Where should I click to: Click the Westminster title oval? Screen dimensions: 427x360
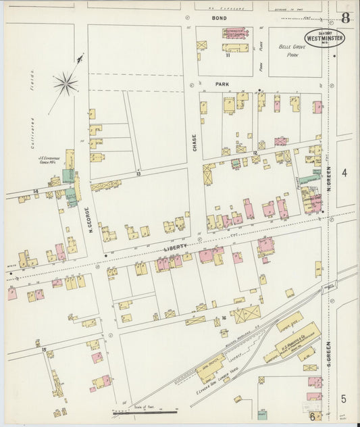pyautogui.click(x=324, y=38)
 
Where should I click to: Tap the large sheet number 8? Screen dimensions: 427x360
pyautogui.click(x=345, y=18)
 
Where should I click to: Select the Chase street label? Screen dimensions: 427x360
pyautogui.click(x=195, y=142)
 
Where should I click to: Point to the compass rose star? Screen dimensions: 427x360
pyautogui.click(x=66, y=84)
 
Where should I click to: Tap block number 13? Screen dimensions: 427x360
pyautogui.click(x=138, y=174)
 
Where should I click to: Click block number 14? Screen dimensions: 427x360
pyautogui.click(x=35, y=192)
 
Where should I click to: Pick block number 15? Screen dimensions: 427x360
pyautogui.click(x=44, y=349)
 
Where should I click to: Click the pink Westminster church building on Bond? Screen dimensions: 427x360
pyautogui.click(x=234, y=32)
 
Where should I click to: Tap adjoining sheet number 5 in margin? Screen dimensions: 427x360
pyautogui.click(x=344, y=399)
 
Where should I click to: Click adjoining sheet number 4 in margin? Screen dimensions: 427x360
pyautogui.click(x=344, y=173)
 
